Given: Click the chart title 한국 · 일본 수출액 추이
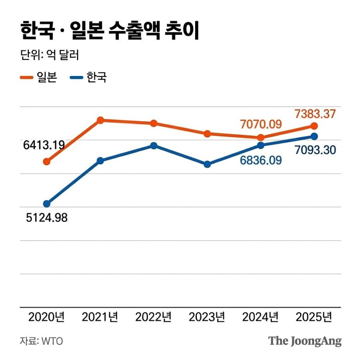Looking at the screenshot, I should (110, 31).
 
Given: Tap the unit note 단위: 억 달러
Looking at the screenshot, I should (49, 56).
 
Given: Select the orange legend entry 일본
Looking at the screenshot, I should (39, 77).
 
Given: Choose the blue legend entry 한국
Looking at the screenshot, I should (88, 77).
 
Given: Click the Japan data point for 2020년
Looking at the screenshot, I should (47, 162).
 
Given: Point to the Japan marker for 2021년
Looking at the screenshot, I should (100, 120).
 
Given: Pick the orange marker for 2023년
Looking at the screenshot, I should (207, 134).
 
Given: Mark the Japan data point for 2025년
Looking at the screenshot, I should (314, 126).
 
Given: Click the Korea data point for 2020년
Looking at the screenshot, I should (47, 204).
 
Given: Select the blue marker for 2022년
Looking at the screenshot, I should (154, 145).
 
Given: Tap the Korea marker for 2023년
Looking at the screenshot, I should (207, 164).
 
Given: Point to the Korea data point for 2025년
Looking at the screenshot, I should (314, 136).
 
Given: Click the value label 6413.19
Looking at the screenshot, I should (44, 145).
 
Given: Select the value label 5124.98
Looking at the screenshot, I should (47, 218).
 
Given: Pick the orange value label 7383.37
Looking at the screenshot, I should (315, 114).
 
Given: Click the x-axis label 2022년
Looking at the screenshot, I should (153, 317).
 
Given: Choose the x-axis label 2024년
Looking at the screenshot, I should (260, 317).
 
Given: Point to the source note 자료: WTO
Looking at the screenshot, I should (41, 341).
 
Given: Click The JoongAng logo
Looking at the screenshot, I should (305, 341).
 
